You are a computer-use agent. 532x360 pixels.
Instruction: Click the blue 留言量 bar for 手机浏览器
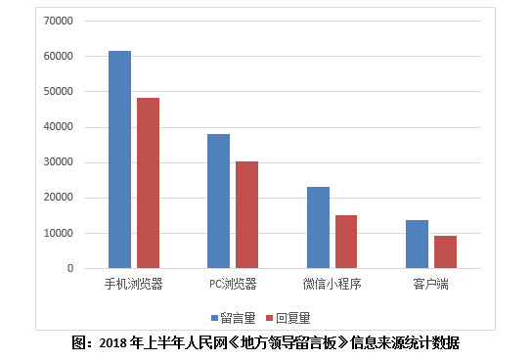(x=119, y=159)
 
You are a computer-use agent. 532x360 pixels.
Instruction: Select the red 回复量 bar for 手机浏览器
(x=148, y=183)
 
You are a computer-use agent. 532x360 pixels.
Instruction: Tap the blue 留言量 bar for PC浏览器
(x=218, y=201)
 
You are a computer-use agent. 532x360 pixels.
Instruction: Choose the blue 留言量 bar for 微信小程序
(x=318, y=227)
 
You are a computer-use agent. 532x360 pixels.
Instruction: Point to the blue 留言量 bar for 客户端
(x=417, y=244)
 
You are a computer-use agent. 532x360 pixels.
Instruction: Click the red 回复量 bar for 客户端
(x=445, y=251)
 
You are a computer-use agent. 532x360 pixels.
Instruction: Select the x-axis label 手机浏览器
(x=134, y=284)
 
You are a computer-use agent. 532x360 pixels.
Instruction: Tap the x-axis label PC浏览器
(x=233, y=284)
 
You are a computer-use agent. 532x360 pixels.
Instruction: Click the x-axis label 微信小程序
(x=332, y=284)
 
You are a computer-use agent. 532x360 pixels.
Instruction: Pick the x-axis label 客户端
(x=430, y=284)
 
